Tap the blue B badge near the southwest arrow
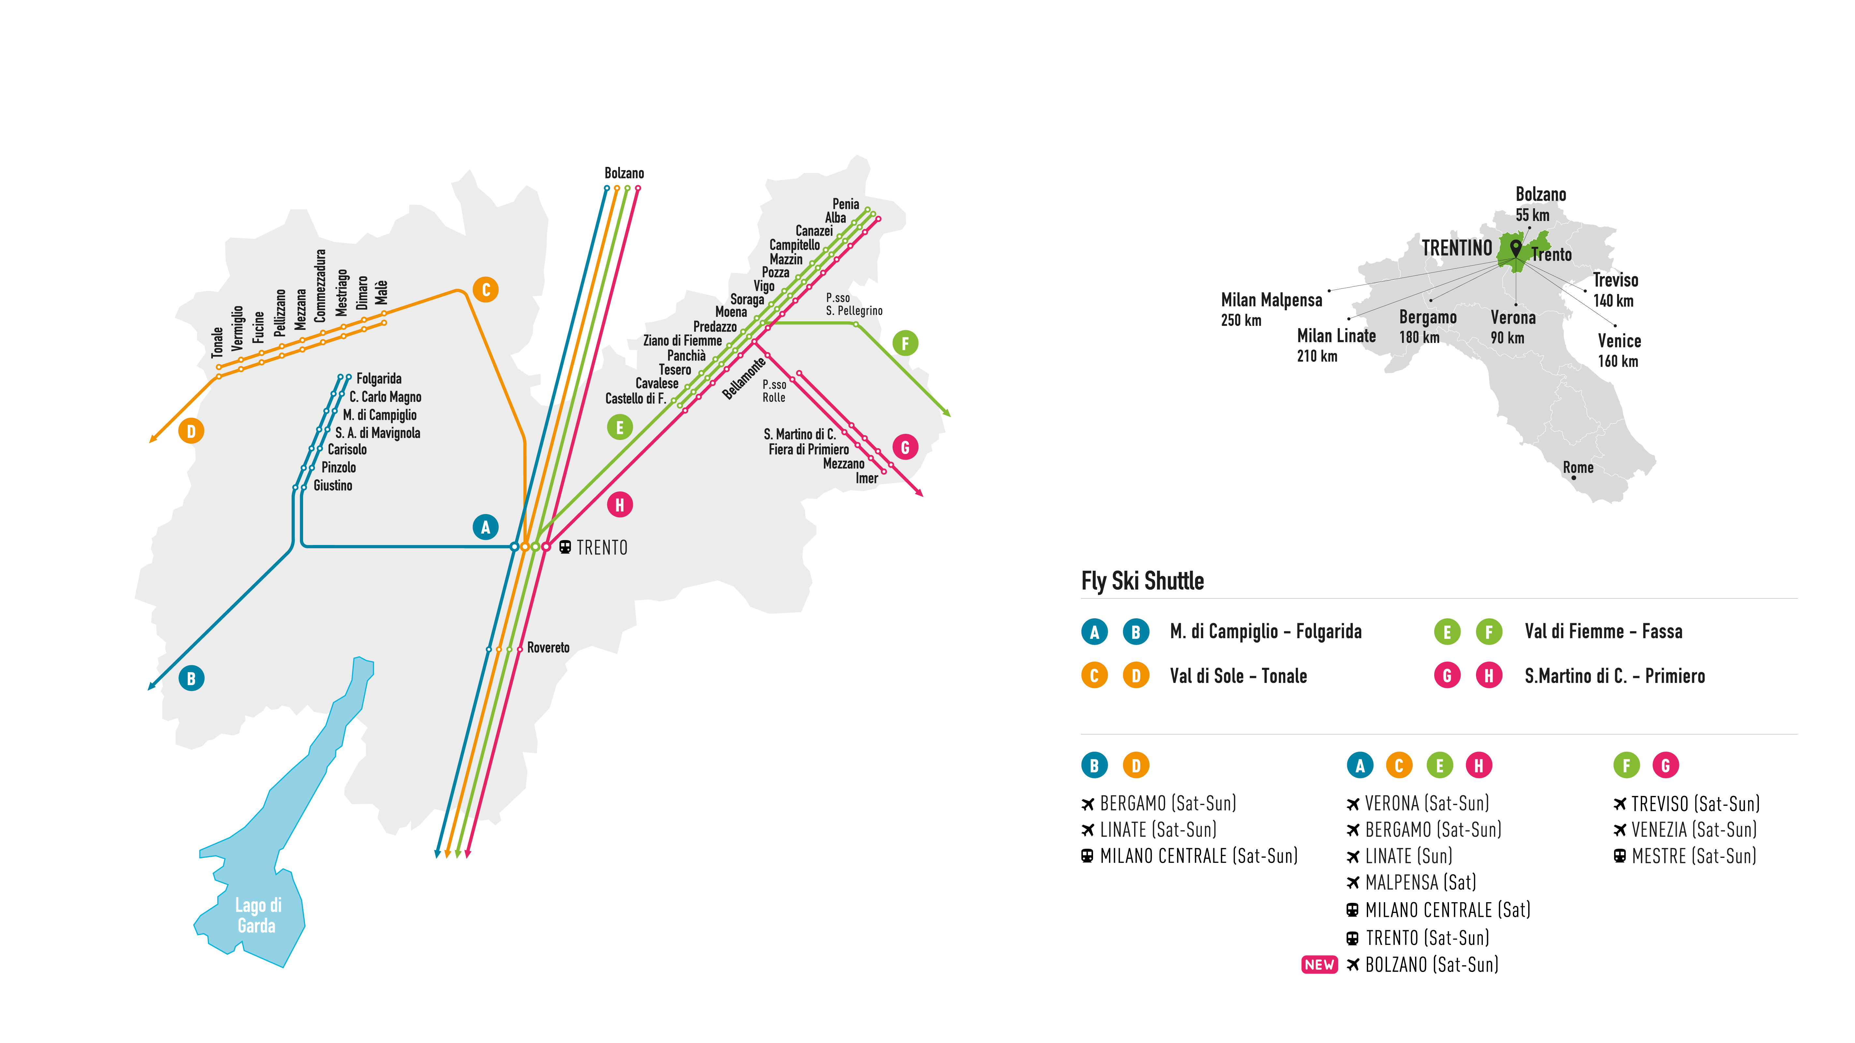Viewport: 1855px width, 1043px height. (191, 679)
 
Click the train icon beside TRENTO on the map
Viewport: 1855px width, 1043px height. (565, 548)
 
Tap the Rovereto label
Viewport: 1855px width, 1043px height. (548, 648)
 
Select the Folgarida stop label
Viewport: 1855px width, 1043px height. (379, 379)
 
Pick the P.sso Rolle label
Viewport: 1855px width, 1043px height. (774, 391)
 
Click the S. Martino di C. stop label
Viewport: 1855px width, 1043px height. (799, 434)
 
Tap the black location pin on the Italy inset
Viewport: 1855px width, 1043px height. (1516, 248)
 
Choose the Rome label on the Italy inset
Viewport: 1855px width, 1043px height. (1578, 467)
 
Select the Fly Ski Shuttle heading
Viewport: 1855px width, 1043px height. (1142, 580)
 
